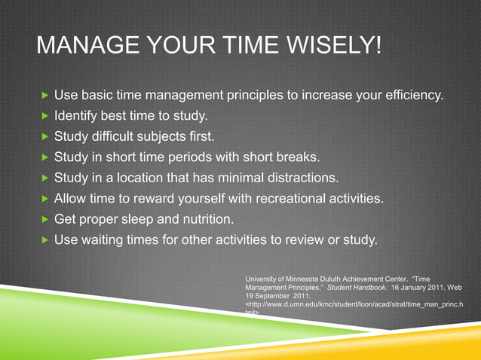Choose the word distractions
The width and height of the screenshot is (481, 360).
pos(297,179)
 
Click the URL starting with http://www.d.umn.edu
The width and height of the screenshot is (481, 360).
pos(354,305)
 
